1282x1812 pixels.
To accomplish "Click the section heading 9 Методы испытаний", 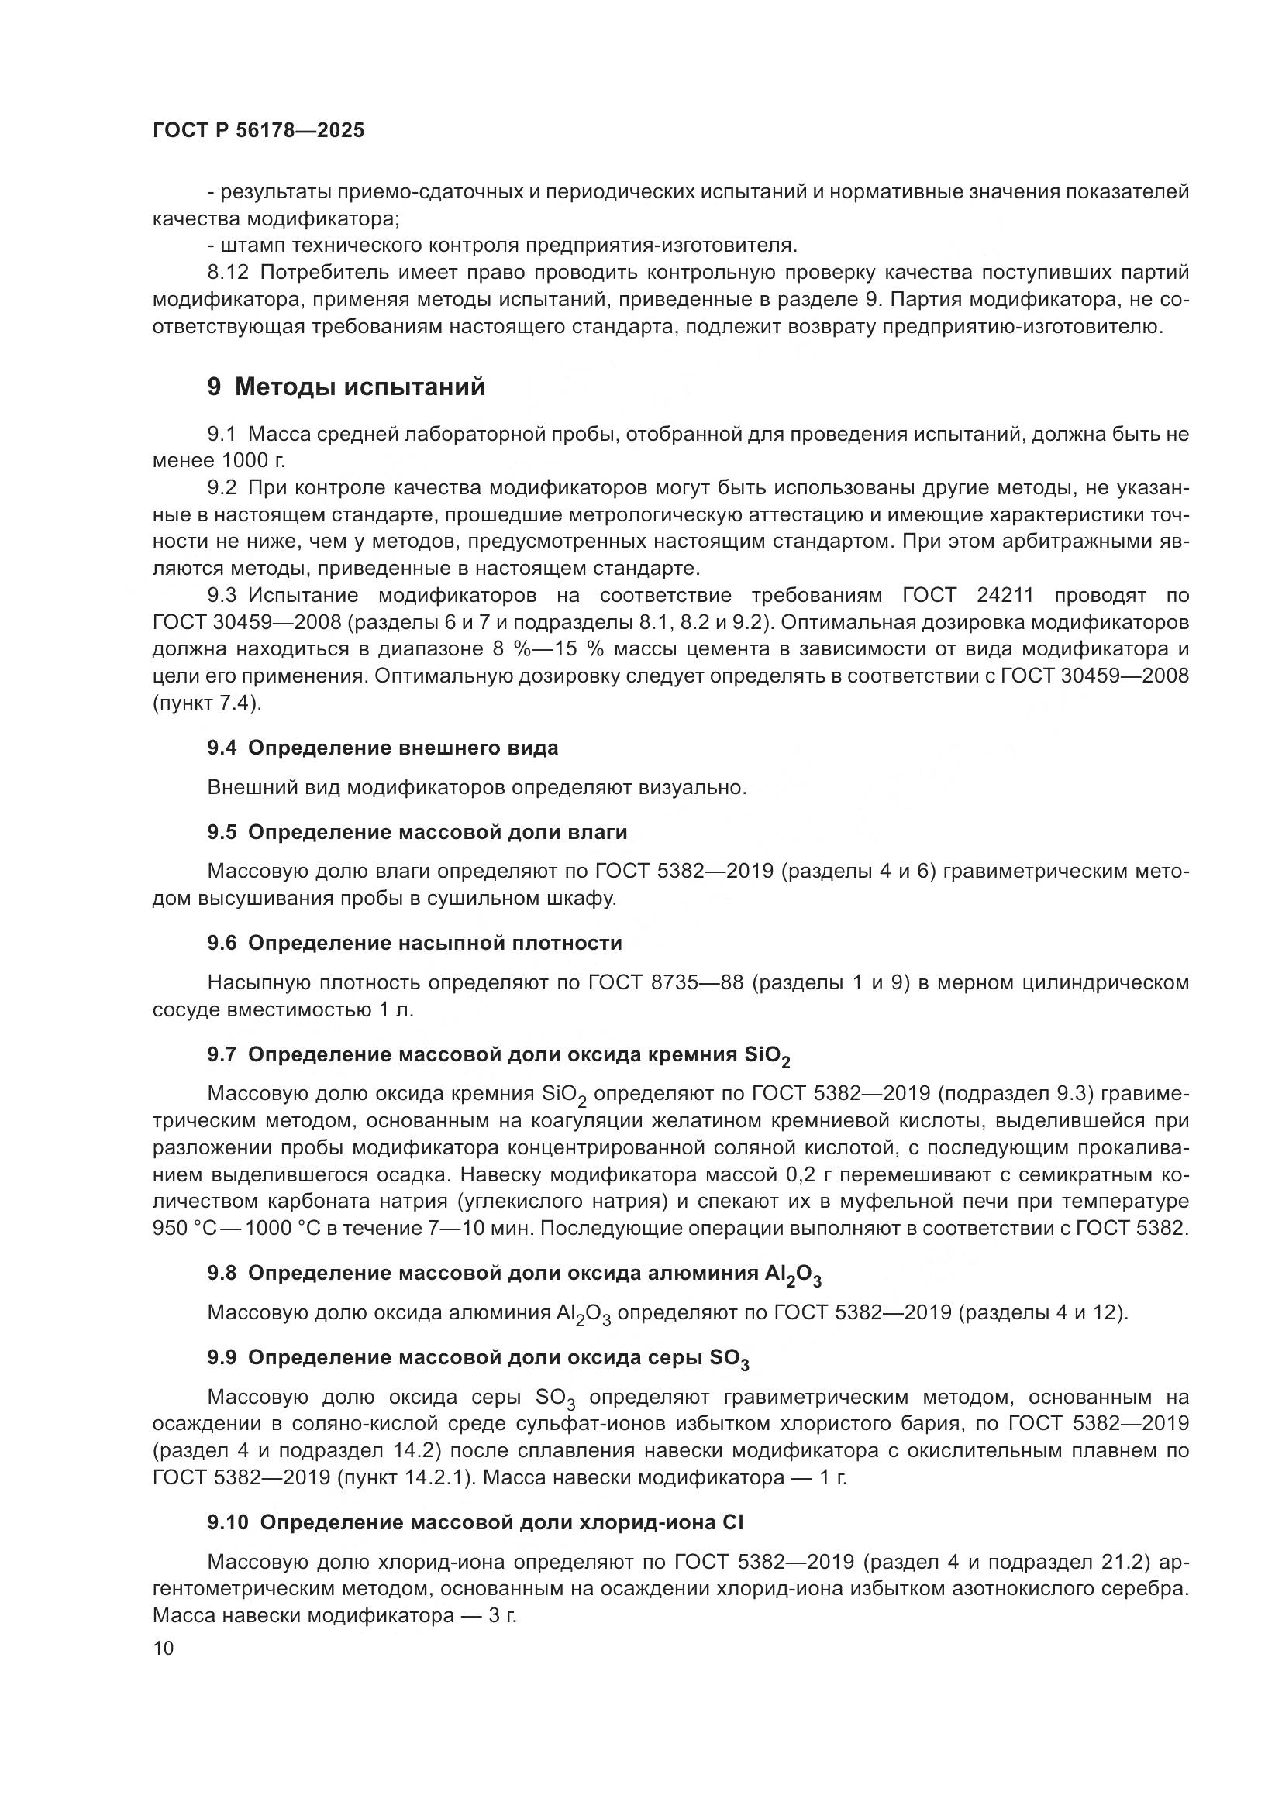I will click(346, 387).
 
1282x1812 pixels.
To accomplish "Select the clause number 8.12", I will click(228, 273).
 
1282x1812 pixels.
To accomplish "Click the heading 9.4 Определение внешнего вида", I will click(383, 748).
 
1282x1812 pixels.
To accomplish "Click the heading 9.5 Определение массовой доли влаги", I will click(418, 833).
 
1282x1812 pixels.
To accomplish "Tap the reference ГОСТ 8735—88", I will click(666, 983).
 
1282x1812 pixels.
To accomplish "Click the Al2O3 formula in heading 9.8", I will click(798, 1274).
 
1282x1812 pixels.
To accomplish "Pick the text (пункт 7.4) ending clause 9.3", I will click(207, 703).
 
